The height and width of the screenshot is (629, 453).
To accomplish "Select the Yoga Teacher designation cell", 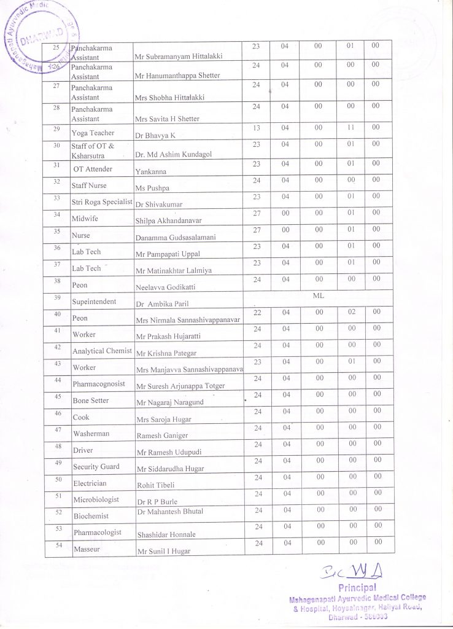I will point(93,133).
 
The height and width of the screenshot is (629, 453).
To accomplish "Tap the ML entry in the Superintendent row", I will point(318,295).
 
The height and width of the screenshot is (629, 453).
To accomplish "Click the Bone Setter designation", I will point(90,400).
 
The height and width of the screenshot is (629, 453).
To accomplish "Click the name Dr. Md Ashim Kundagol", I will point(173,154).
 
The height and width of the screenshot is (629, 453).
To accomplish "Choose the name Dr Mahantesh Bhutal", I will point(170,511).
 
